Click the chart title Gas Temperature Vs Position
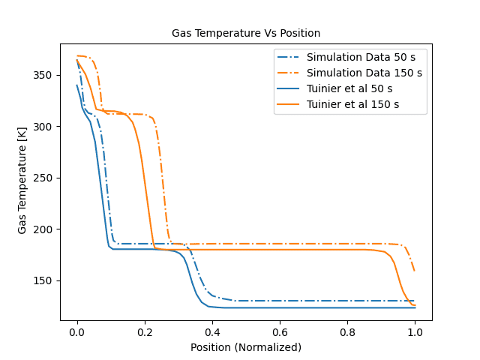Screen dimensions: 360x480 pos(246,33)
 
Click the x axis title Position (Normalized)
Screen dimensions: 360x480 pos(246,347)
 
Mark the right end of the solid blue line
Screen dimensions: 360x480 pos(415,307)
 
